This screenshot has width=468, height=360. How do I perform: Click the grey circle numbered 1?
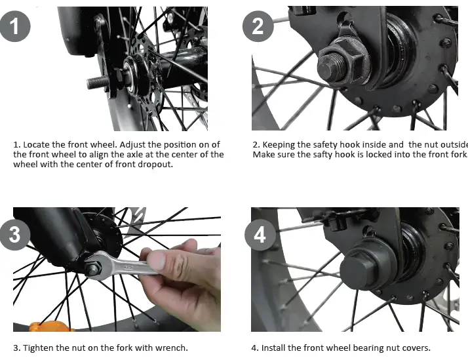point(15,26)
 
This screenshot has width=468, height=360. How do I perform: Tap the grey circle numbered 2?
point(258,26)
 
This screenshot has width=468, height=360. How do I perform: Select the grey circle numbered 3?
point(15,234)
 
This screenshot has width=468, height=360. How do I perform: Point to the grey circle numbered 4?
point(260,235)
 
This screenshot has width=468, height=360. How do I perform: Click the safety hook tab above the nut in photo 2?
point(347,29)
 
